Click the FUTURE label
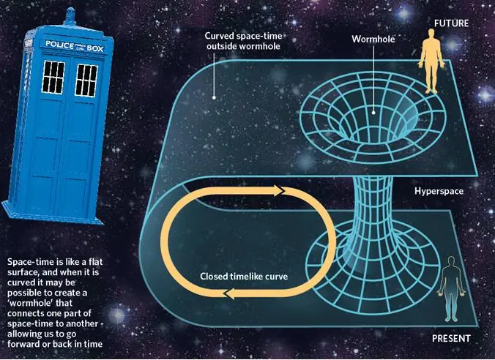451,23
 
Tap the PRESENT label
451,339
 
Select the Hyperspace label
439,191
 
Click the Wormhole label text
373,39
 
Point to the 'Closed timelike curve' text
244,277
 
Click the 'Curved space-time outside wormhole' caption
243,41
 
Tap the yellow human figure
431,61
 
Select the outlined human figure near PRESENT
452,289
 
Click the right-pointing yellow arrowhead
280,190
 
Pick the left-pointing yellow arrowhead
229,293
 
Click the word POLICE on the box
59,45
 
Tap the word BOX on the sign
95,48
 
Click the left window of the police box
53,78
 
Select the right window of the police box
86,80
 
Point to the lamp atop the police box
70,16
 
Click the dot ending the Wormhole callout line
373,112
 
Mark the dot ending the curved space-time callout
214,97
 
